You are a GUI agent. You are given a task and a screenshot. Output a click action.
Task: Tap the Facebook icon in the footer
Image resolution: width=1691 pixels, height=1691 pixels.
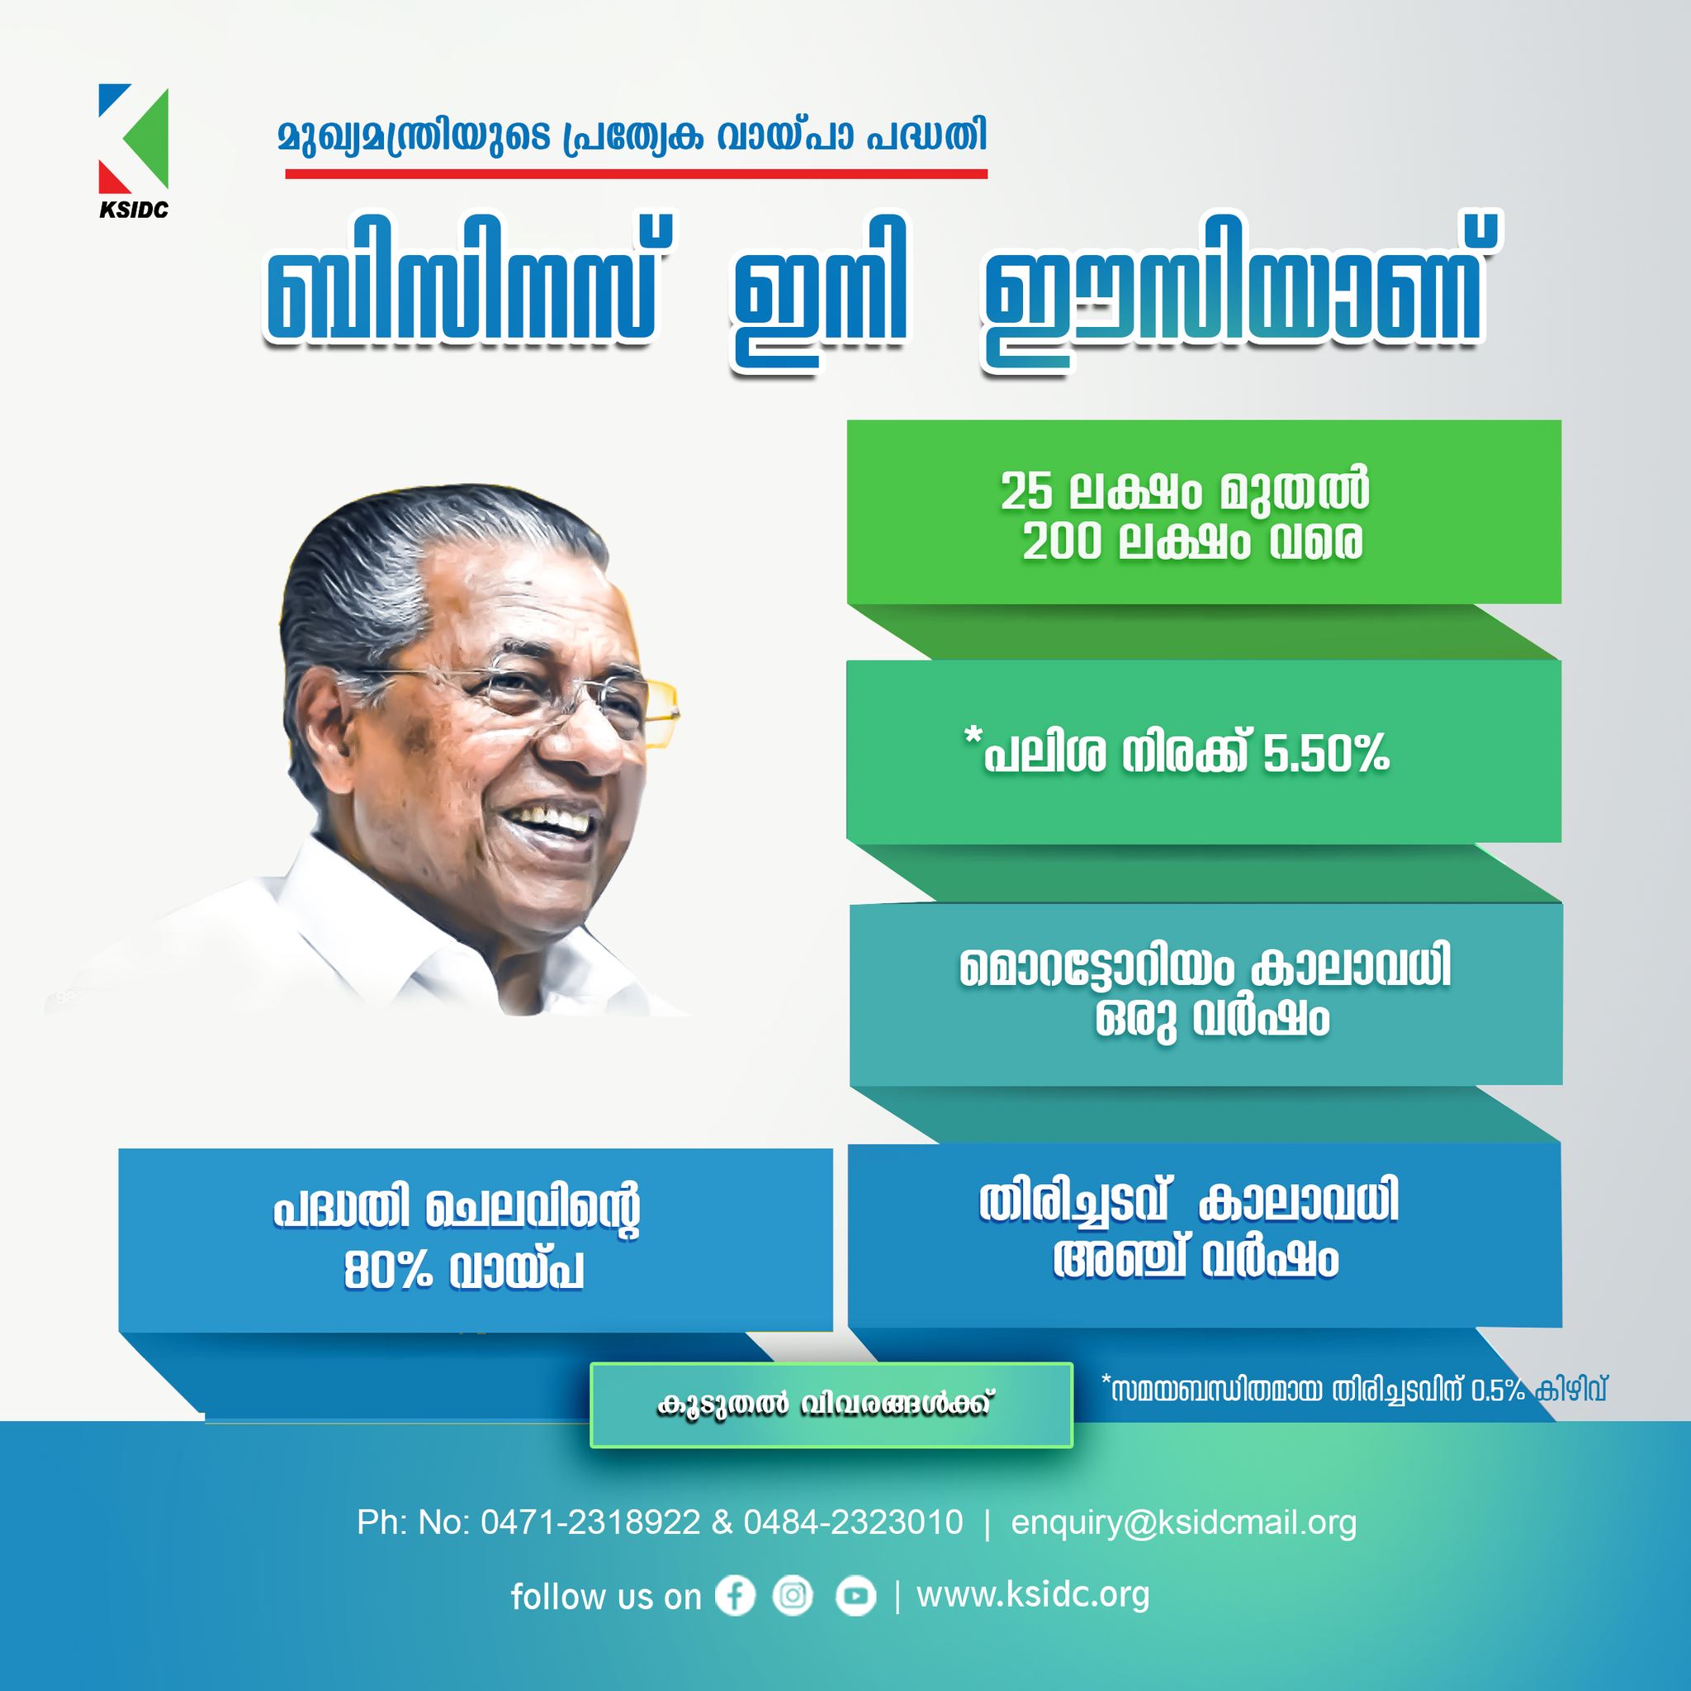pos(735,1594)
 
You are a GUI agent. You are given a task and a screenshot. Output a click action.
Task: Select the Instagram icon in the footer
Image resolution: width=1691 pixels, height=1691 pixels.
pos(793,1594)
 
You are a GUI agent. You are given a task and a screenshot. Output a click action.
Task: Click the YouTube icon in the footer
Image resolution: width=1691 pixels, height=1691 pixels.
pos(855,1595)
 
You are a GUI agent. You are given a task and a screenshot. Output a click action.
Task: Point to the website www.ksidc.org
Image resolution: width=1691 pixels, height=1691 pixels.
pos(1033,1594)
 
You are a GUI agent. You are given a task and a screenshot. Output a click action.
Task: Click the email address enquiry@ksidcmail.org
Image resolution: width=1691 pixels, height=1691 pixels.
pos(1183,1523)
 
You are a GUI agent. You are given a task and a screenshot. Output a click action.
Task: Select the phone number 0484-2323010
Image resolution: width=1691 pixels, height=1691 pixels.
pos(854,1522)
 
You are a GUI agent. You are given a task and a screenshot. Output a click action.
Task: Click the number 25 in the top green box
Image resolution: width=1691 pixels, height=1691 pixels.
pos(1025,491)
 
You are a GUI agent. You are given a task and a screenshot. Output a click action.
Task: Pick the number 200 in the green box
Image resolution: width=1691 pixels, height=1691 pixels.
pos(1061,542)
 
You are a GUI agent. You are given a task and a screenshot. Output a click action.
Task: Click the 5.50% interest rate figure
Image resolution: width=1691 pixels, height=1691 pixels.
pos(1325,754)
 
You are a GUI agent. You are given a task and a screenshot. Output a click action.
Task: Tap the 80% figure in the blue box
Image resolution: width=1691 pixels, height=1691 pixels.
pos(388,1271)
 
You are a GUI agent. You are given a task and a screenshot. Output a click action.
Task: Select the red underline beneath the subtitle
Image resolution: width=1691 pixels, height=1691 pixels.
pos(637,173)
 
